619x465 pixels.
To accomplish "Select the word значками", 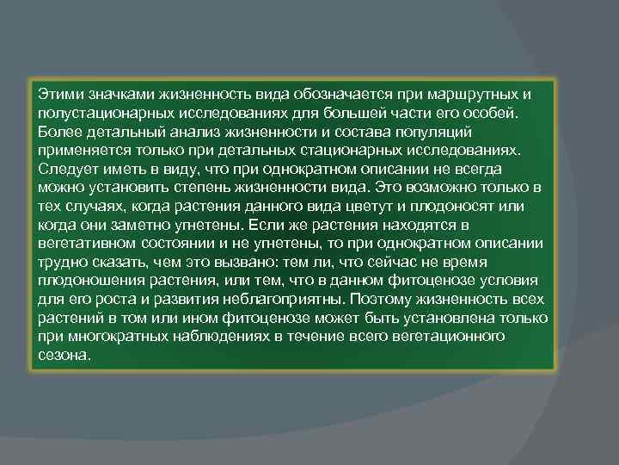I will click(x=118, y=93).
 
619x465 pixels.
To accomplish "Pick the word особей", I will click(x=490, y=112).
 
